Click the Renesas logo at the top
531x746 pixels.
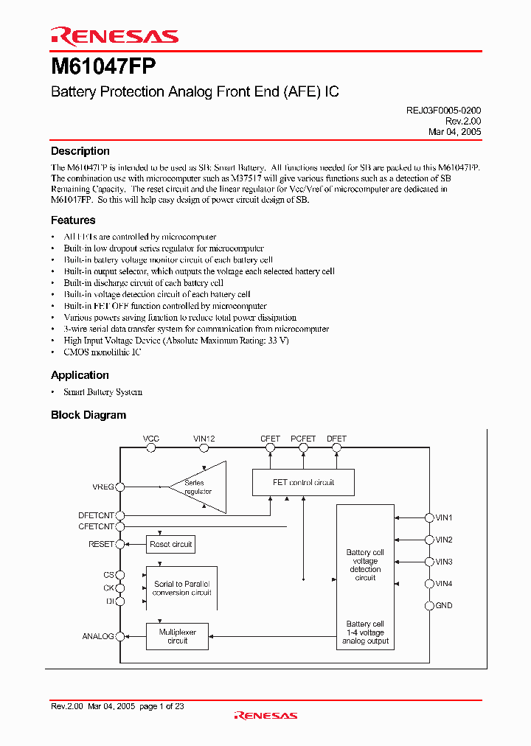[x=114, y=36]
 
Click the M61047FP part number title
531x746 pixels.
[x=103, y=67]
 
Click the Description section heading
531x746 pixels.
[x=80, y=151]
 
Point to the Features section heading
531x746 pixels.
[x=73, y=220]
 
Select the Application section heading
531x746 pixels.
[x=80, y=375]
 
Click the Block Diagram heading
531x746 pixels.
[x=88, y=415]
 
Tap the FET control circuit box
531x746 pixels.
[x=303, y=483]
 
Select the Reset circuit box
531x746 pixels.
[x=170, y=545]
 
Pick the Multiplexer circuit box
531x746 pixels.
[x=177, y=636]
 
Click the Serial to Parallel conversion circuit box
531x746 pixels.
[x=181, y=588]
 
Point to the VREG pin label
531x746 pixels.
[x=103, y=487]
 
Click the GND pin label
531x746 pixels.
[x=444, y=606]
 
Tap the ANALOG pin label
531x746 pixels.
[x=98, y=636]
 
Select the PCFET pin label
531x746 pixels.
[x=303, y=439]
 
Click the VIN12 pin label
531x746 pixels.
[x=204, y=439]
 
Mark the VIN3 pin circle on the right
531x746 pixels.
[x=428, y=562]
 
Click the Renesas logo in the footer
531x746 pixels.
[x=265, y=715]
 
